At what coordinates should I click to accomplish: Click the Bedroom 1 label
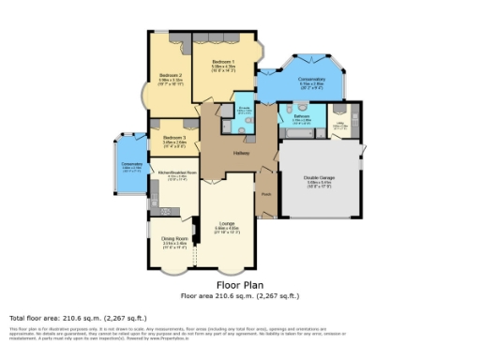(x=222, y=62)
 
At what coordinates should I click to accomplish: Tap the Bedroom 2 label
(x=170, y=75)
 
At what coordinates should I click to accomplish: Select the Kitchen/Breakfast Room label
(x=175, y=172)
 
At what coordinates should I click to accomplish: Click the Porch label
(x=265, y=196)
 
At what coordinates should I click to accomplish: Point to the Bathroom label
(x=301, y=117)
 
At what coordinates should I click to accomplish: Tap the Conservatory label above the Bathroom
(x=310, y=80)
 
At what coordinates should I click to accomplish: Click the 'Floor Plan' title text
(x=239, y=283)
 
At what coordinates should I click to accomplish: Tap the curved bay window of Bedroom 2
(x=145, y=95)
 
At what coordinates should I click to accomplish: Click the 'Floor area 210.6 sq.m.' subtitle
(x=239, y=295)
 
